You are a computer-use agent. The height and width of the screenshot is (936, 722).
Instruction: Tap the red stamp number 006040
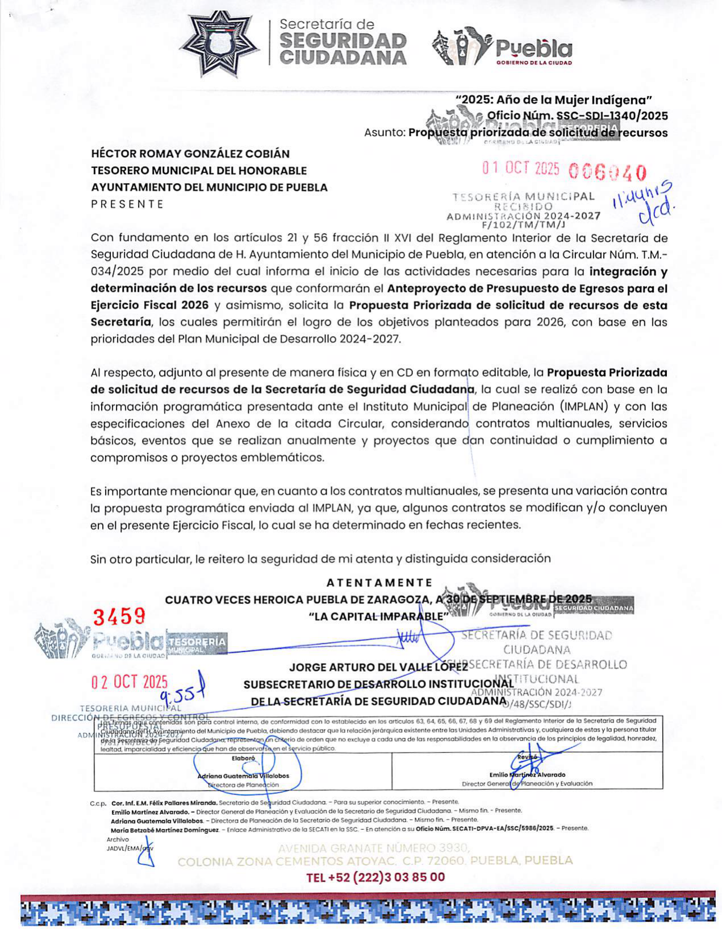607,172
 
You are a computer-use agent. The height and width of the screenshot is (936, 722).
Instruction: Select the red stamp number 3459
119,616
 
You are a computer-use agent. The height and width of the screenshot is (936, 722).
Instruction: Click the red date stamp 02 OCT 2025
130,682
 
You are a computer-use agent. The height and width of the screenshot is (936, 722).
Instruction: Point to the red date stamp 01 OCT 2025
521,169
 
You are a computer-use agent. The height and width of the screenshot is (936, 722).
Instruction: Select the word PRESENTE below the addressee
127,204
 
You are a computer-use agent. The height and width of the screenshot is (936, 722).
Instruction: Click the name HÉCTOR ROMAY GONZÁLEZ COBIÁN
190,154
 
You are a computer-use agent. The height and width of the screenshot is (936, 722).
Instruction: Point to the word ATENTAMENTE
379,583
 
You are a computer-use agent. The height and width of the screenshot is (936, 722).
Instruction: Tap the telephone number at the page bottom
375,877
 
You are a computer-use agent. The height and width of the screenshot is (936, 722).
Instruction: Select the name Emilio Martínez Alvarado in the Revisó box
527,775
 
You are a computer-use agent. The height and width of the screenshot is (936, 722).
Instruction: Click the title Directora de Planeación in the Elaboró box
243,785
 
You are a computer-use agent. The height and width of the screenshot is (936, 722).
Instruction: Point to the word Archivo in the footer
118,839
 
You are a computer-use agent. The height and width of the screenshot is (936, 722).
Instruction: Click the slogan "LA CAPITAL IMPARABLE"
378,616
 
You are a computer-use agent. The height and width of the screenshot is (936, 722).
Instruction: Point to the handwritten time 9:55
177,695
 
